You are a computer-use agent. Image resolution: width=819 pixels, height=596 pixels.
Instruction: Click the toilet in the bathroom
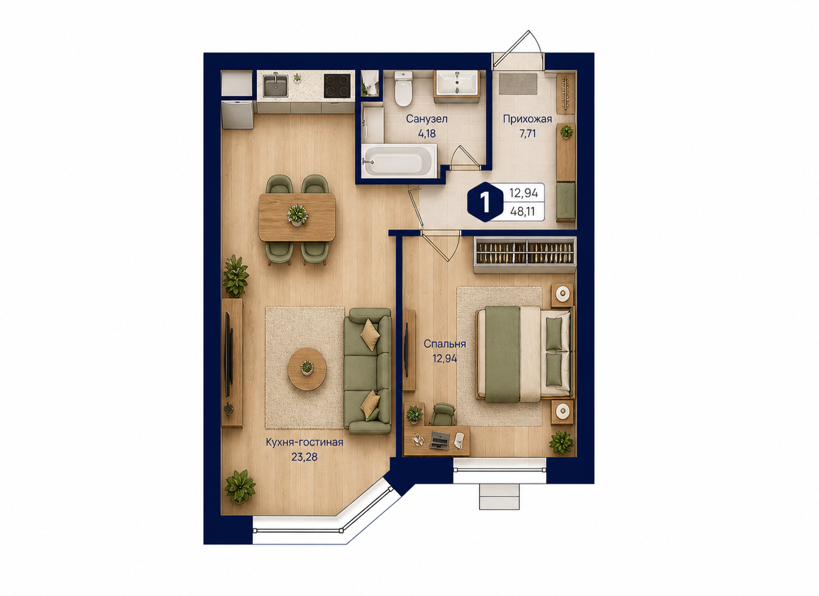403,89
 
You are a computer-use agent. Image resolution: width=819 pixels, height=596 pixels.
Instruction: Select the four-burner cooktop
337,86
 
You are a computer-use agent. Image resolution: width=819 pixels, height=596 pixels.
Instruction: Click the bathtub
399,161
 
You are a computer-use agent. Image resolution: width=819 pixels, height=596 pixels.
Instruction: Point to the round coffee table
307,369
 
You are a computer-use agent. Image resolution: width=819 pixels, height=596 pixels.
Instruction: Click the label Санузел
427,119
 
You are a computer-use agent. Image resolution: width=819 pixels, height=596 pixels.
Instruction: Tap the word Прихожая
527,119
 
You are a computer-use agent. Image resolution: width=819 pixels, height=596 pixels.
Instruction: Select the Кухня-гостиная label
304,442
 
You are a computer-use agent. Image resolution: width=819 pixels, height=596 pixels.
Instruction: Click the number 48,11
524,211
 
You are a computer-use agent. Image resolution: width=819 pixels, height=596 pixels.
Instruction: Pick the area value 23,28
304,457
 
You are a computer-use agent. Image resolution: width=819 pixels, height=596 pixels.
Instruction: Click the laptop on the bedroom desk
439,439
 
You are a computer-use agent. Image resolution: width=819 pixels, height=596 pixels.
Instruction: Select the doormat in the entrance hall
518,84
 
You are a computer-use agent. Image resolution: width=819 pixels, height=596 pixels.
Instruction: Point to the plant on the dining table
298,214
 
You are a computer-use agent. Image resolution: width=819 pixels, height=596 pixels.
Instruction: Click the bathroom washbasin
457,82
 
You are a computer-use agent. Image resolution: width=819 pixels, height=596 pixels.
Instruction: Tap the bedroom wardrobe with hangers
525,255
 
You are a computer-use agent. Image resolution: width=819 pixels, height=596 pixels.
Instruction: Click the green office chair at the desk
442,414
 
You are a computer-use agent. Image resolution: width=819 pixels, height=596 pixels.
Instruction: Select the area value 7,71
527,134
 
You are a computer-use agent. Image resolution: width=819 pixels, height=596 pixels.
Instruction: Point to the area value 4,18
427,134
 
